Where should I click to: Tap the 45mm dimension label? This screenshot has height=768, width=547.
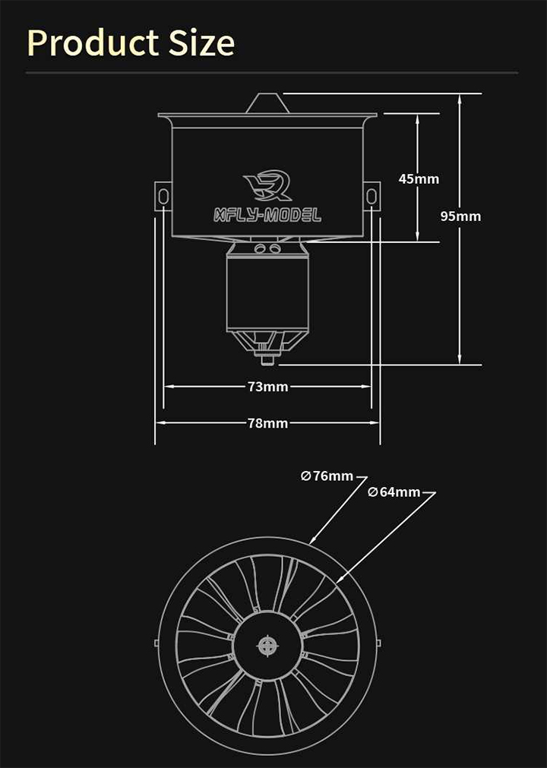tap(419, 179)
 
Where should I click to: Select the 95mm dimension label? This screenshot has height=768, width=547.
tap(460, 216)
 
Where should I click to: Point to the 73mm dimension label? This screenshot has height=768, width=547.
tap(267, 387)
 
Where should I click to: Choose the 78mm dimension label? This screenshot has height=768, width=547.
tap(267, 423)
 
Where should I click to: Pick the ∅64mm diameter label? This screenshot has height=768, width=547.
tap(394, 492)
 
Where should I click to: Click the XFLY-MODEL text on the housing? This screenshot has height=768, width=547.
tap(267, 215)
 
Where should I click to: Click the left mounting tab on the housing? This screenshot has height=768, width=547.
tap(163, 196)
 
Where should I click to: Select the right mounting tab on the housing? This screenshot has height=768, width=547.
tap(372, 196)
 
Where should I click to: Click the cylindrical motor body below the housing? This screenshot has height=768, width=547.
tap(267, 292)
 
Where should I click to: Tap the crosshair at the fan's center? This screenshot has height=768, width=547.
tap(267, 646)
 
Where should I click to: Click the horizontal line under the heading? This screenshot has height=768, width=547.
tap(272, 73)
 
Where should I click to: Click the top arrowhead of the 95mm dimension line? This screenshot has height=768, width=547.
tap(460, 97)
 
